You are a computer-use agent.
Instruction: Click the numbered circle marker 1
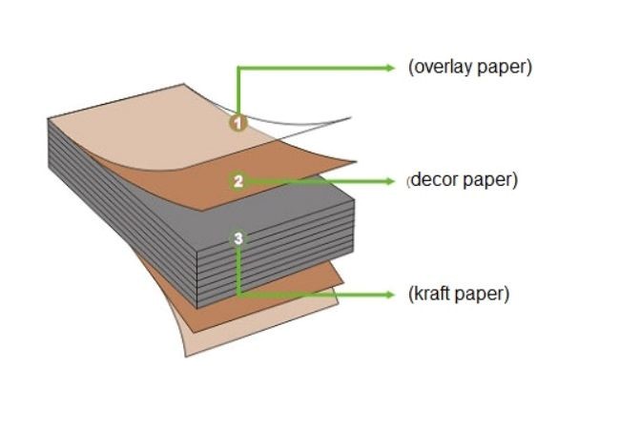[x=238, y=122]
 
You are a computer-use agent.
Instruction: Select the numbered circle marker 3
[x=238, y=237]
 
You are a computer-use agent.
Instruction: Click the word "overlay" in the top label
[x=439, y=68]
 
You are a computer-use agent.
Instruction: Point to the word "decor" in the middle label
[x=434, y=180]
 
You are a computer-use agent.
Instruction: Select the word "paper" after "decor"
[x=490, y=180]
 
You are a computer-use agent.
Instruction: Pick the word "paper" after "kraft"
[x=482, y=294]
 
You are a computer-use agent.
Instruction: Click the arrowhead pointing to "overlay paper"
[x=389, y=68]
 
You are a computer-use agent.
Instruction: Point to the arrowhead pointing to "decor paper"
[x=389, y=180]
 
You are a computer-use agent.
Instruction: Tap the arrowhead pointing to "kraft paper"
[x=389, y=295]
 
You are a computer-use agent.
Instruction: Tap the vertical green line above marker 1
[x=238, y=91]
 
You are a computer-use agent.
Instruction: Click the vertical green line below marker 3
[x=238, y=272]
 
